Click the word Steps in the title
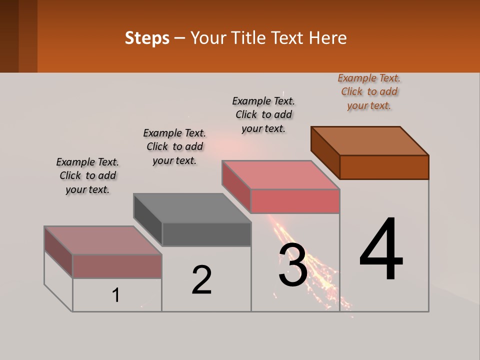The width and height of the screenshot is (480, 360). click(147, 38)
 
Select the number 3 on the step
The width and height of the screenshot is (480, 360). click(293, 265)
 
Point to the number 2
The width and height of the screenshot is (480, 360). click(201, 279)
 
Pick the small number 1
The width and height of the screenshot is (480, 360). click(116, 295)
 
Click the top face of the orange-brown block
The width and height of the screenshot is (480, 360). click(370, 140)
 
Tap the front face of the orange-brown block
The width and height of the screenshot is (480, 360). click(384, 167)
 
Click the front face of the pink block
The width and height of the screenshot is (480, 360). click(295, 201)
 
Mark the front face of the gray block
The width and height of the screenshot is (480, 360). click(206, 234)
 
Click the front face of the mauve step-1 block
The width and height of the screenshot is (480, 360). click(117, 266)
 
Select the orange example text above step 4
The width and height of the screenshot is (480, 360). click(369, 91)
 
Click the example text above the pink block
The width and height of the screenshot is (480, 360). click(263, 114)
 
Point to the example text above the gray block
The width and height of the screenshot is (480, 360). click(174, 146)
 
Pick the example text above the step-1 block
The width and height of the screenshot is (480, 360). click(87, 175)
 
